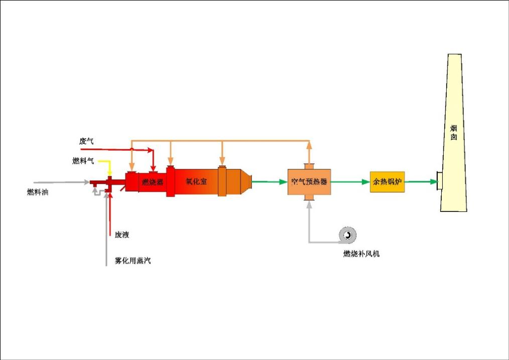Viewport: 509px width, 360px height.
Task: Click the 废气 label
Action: (86, 141)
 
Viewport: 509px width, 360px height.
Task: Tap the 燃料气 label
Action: (83, 161)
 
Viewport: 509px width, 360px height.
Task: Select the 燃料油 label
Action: (38, 192)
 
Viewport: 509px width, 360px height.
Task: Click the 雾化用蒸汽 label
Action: (133, 261)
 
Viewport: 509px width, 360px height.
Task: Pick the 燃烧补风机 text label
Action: (361, 254)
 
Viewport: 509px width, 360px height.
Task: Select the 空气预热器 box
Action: (309, 182)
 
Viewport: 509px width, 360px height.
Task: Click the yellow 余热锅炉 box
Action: (387, 182)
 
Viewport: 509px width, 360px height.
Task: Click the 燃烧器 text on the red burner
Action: (153, 182)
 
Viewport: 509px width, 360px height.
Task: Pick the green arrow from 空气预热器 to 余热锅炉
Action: (364, 182)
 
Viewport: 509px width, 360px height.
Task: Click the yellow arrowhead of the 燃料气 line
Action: (109, 173)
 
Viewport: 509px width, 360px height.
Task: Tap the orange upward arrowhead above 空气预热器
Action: (309, 145)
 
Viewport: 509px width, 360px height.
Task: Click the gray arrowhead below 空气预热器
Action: (309, 206)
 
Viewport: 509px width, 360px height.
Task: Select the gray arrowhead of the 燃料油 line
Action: (87, 183)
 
